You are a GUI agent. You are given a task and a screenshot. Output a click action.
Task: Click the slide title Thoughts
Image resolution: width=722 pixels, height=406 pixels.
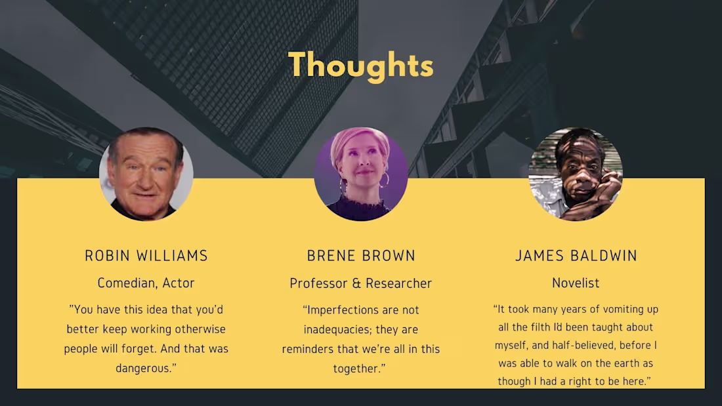point(361,65)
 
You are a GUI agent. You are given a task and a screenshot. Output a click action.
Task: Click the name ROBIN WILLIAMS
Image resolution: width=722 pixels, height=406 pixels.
point(146,256)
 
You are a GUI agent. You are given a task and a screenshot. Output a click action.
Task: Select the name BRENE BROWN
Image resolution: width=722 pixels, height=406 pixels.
point(361,256)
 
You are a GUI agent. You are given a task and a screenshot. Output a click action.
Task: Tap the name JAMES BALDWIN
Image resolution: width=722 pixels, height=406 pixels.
point(576,256)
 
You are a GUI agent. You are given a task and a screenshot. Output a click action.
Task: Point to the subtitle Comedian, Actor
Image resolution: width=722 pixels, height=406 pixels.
point(146,283)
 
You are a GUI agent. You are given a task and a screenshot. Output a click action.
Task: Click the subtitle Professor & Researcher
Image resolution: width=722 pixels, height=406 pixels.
point(361,283)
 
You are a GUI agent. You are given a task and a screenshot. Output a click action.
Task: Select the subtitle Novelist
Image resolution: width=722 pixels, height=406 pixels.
point(576,283)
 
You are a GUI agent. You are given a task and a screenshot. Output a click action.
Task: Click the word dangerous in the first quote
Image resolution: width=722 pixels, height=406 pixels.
point(144,369)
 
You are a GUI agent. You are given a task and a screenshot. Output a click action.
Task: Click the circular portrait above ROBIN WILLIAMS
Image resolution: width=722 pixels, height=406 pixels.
point(146,174)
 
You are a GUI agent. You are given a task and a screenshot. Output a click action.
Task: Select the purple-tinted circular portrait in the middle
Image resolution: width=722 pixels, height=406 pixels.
point(361,174)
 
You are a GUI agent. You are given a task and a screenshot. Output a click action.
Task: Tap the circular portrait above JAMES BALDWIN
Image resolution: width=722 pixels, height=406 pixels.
point(576,174)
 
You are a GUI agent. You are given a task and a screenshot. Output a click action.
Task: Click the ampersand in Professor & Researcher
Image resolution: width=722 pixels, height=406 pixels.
point(356,283)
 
